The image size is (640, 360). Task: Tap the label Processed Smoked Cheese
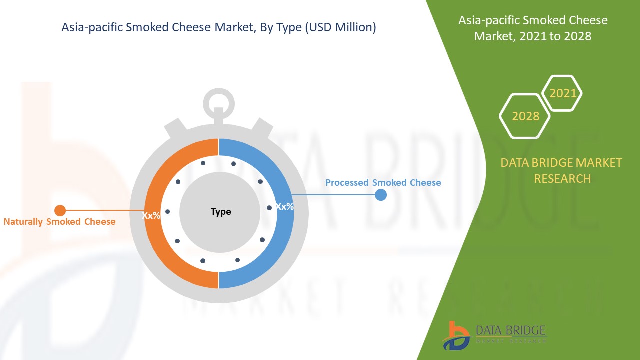click(x=383, y=183)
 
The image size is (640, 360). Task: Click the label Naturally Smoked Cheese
click(x=59, y=222)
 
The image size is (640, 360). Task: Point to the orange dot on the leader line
click(x=60, y=210)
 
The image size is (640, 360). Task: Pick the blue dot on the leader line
click(x=381, y=195)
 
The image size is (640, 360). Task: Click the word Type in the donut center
click(x=221, y=212)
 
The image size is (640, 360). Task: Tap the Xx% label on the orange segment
click(x=151, y=216)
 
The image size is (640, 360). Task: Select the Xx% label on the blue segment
click(x=285, y=206)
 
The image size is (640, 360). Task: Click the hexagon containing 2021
click(x=563, y=93)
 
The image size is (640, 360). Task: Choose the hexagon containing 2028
click(x=525, y=116)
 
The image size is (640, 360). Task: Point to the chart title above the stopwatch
click(x=218, y=28)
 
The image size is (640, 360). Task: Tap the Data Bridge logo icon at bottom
click(x=456, y=335)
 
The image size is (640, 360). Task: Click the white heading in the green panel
click(x=533, y=28)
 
